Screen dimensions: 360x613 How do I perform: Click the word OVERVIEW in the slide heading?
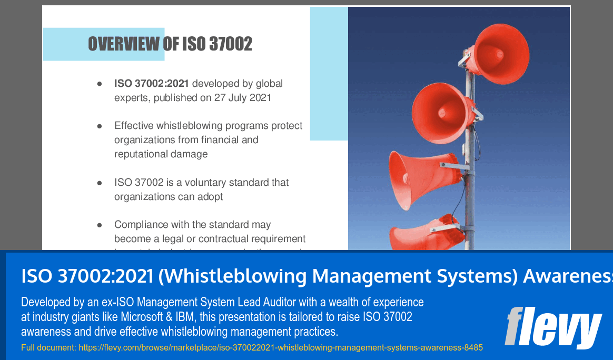tap(124, 44)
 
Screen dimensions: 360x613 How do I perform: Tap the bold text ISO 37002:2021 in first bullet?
tap(151, 83)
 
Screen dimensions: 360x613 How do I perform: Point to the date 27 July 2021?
tap(242, 97)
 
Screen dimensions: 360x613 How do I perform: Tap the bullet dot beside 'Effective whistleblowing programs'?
tap(99, 126)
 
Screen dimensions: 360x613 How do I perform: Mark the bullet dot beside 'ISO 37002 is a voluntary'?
tap(99, 183)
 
